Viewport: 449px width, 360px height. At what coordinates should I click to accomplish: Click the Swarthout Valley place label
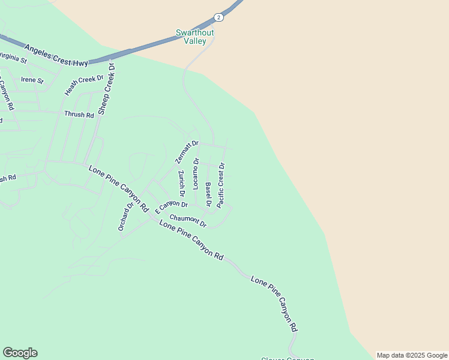(191, 37)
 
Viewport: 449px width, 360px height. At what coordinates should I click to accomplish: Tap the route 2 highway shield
(218, 17)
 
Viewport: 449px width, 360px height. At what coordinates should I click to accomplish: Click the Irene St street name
(32, 80)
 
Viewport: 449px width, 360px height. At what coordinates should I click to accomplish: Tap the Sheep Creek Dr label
(106, 95)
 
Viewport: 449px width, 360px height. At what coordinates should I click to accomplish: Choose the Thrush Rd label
(80, 114)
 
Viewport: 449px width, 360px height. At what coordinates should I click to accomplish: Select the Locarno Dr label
(196, 173)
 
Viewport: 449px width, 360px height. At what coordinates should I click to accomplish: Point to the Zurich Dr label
(181, 184)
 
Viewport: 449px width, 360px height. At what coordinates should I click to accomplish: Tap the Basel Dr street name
(208, 194)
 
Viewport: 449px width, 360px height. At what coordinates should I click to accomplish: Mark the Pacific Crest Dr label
(221, 185)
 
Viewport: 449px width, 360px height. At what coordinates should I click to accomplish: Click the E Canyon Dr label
(171, 208)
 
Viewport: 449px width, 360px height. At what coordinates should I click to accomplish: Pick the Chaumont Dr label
(188, 221)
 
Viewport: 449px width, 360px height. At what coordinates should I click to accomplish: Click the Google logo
(20, 353)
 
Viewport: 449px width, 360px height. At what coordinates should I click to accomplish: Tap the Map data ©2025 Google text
(412, 355)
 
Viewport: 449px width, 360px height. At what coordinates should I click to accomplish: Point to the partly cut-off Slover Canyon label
(288, 358)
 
